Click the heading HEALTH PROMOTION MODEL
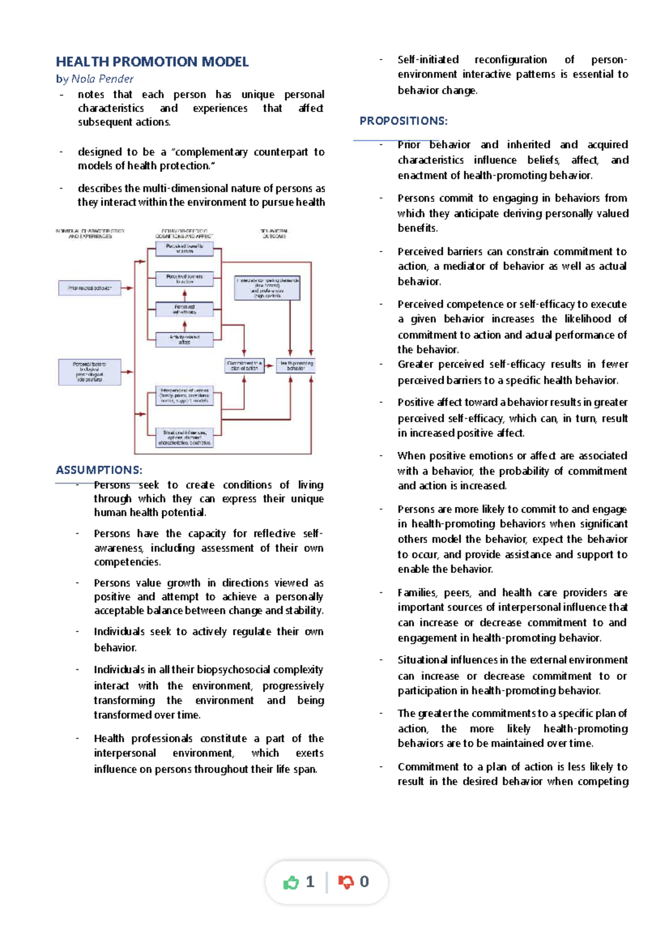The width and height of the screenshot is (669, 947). tap(152, 61)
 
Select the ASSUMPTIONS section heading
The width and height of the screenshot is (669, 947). tap(99, 470)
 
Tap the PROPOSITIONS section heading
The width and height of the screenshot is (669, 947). tap(403, 121)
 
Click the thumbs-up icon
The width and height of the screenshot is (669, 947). tap(291, 882)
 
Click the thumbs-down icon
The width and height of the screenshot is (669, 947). tap(346, 882)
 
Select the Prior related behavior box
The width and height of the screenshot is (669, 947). tap(90, 288)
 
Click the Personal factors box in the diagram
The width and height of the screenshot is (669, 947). tap(90, 372)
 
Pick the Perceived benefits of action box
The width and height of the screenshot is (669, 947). tap(185, 249)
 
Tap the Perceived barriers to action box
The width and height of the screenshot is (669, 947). tap(185, 279)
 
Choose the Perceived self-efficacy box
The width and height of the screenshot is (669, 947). tap(185, 310)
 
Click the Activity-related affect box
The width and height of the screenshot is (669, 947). tap(185, 340)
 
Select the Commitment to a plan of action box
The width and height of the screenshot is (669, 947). tap(244, 366)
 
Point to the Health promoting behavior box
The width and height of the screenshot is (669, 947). tap(296, 366)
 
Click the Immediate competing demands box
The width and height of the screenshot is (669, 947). tap(268, 288)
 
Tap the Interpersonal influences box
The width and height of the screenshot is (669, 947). tap(185, 395)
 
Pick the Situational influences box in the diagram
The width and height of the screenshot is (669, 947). tap(185, 438)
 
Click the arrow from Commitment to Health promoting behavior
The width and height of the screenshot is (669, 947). tap(270, 366)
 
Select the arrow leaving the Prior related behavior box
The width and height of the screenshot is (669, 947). tap(128, 288)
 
